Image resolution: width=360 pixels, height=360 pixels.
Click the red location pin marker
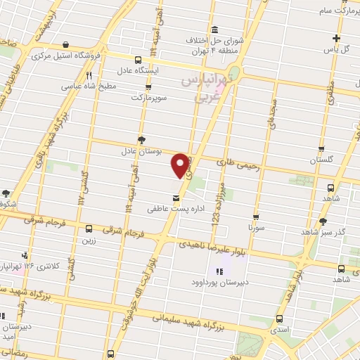pyautogui.click(x=181, y=165)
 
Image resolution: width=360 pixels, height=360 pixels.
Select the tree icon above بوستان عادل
pyautogui.click(x=142, y=140)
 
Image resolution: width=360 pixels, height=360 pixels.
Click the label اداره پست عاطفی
pyautogui.click(x=169, y=209)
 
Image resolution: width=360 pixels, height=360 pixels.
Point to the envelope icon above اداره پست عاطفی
pyautogui.click(x=175, y=198)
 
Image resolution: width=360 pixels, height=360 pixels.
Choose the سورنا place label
pyautogui.click(x=255, y=229)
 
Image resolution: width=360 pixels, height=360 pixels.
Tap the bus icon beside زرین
pyautogui.click(x=89, y=229)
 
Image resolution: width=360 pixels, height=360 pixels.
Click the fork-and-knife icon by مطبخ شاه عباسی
pyautogui.click(x=89, y=76)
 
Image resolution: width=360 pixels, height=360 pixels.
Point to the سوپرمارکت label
pyautogui.click(x=147, y=96)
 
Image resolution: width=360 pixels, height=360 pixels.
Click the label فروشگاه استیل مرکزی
pyautogui.click(x=94, y=54)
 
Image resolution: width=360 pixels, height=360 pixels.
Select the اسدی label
pyautogui.click(x=280, y=328)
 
